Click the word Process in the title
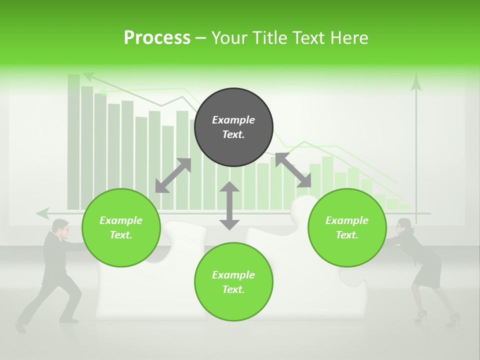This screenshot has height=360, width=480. point(157,37)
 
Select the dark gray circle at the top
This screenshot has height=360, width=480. point(233,127)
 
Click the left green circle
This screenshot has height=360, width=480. point(121,227)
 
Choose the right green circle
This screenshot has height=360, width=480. point(347,227)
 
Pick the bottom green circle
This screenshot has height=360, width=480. point(233,281)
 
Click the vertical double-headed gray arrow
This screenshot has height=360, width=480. point(229,205)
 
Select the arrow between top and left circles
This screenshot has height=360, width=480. point(173,175)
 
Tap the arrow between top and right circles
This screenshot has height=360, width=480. point(293,170)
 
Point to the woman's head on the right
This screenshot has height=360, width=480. point(404,226)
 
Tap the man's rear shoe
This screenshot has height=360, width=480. point(20,327)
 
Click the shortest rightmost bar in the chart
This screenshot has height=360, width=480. point(405,206)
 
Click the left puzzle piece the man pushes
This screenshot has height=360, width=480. point(150,280)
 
